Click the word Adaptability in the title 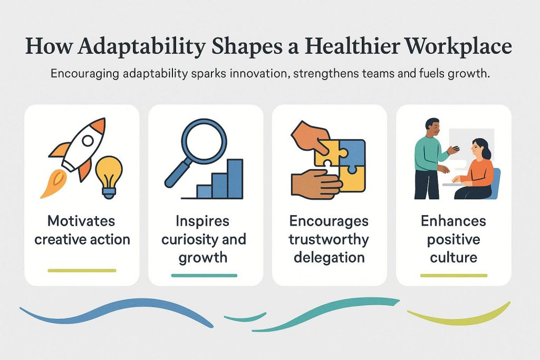142,47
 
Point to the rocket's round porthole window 88,140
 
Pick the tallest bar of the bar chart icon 235,179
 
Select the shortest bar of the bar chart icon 204,192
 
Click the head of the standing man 432,128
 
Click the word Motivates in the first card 81,221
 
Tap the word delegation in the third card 329,257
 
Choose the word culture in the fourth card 454,257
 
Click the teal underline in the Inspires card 204,275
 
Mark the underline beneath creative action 82,270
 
